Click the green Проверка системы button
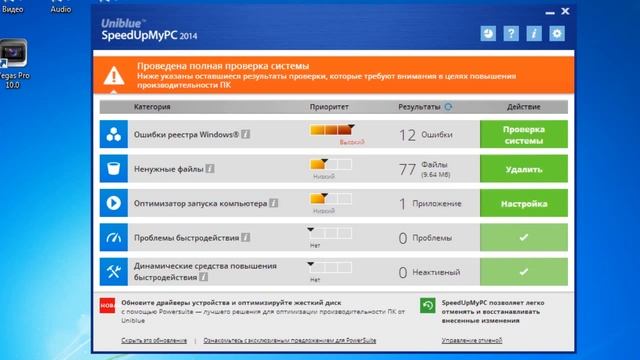[523, 135]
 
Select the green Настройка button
[523, 203]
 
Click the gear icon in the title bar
[557, 34]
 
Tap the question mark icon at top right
[511, 34]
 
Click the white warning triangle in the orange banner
[118, 71]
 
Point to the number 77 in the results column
[407, 169]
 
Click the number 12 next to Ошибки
[407, 135]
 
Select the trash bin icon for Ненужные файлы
[115, 169]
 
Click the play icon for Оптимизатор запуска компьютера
[115, 203]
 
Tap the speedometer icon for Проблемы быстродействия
[115, 238]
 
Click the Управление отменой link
[473, 341]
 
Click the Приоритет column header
[329, 106]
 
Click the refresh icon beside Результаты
[447, 106]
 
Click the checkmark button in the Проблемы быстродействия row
[523, 238]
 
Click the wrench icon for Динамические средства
[115, 272]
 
